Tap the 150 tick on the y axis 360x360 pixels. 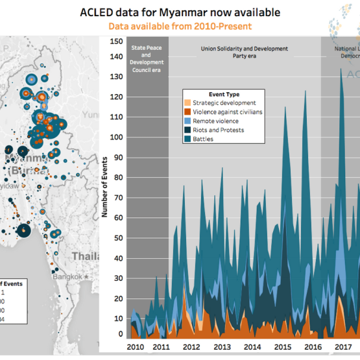(x=117, y=41)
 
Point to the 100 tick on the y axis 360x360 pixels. (x=117, y=138)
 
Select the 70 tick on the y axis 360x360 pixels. (x=119, y=195)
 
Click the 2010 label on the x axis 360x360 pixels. (x=136, y=347)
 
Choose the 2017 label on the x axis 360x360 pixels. (x=342, y=347)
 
